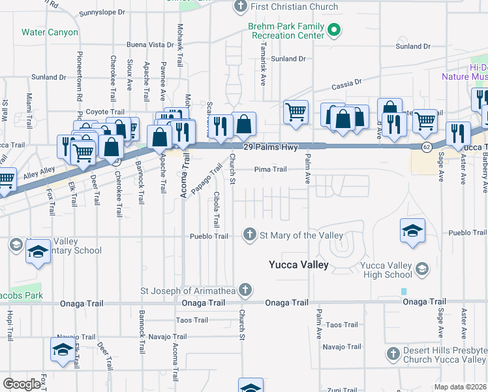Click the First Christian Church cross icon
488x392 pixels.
tap(241, 7)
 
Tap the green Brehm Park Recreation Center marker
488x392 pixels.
tap(335, 29)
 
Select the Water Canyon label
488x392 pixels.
tap(50, 32)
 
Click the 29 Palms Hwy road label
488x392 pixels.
tap(266, 148)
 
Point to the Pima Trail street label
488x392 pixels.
tap(270, 169)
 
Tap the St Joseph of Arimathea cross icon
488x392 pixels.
tap(245, 289)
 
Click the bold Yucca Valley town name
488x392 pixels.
tap(299, 265)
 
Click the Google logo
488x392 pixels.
tap(22, 384)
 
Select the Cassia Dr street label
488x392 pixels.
tap(346, 84)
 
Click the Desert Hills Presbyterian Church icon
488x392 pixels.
tap(392, 354)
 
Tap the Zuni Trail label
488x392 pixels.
tap(343, 389)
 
